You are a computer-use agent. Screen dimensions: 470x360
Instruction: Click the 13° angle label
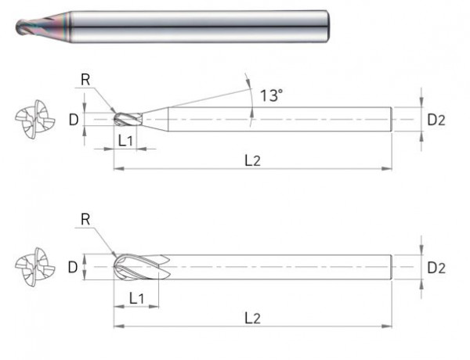271,95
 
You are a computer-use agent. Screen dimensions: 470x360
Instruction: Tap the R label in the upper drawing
85,80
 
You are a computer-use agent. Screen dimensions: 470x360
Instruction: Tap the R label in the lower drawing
85,220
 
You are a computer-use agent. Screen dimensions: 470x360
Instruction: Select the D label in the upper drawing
74,120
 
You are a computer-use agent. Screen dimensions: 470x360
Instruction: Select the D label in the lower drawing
73,267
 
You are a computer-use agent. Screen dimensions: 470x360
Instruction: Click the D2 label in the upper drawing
436,120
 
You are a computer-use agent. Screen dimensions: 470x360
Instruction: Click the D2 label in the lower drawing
436,268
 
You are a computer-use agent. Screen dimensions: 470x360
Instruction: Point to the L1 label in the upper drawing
125,140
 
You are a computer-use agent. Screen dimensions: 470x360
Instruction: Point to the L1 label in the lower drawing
136,298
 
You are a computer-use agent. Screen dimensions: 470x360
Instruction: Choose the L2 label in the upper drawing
252,160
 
